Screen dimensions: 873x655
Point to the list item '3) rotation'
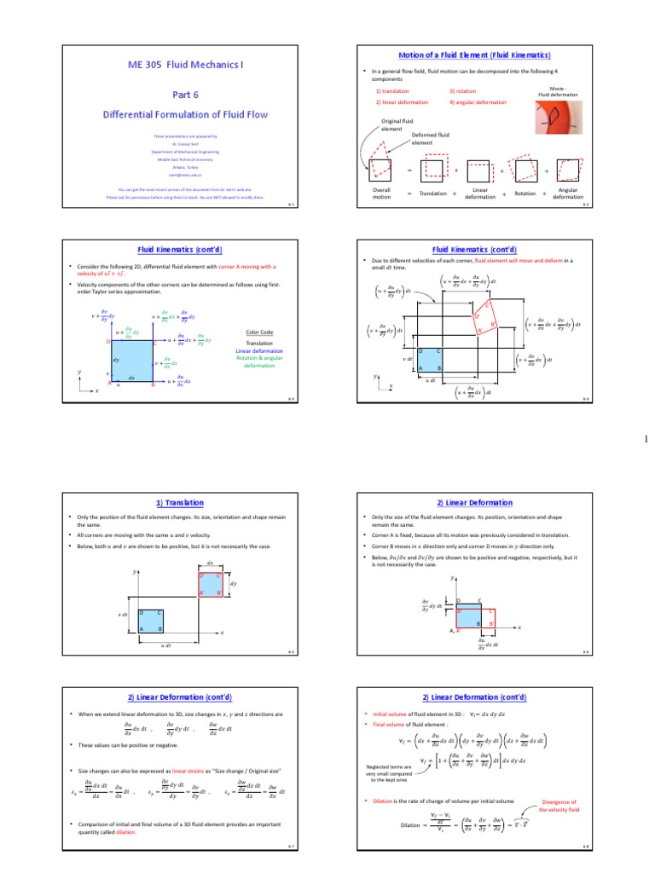pos(464,90)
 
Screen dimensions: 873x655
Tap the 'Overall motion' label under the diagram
pos(381,194)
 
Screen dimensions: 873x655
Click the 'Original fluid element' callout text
pos(396,124)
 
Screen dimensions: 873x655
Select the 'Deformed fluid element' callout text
pos(430,138)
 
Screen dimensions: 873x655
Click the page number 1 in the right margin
pos(646,439)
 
